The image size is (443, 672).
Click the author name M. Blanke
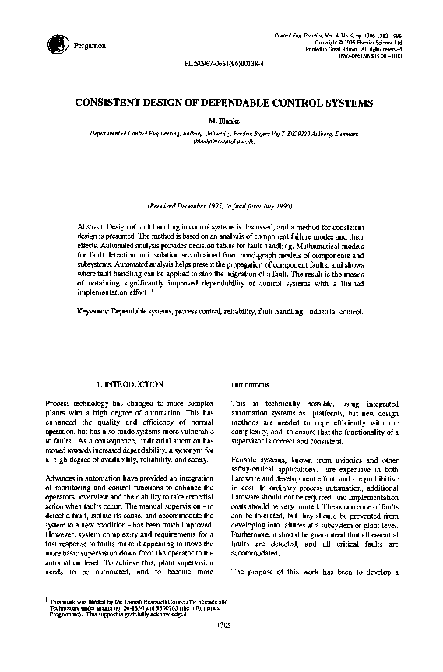[x=222, y=121]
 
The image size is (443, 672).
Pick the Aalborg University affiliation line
[x=222, y=133]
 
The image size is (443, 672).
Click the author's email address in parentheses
[x=222, y=141]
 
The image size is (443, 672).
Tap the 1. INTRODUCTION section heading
[x=128, y=384]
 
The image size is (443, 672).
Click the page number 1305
[x=221, y=644]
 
